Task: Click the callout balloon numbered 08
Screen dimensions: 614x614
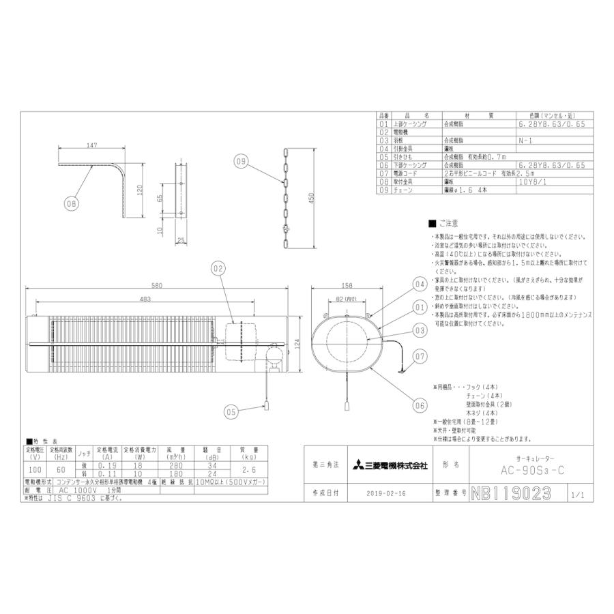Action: (x=72, y=203)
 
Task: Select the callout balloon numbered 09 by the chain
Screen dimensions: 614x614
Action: (x=239, y=162)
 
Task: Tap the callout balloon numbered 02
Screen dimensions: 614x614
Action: (x=218, y=270)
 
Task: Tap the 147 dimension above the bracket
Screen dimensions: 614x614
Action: (x=93, y=145)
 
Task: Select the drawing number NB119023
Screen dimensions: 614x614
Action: (x=509, y=493)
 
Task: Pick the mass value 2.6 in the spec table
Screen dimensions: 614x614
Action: (x=248, y=471)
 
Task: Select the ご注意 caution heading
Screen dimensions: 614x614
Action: (x=443, y=224)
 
